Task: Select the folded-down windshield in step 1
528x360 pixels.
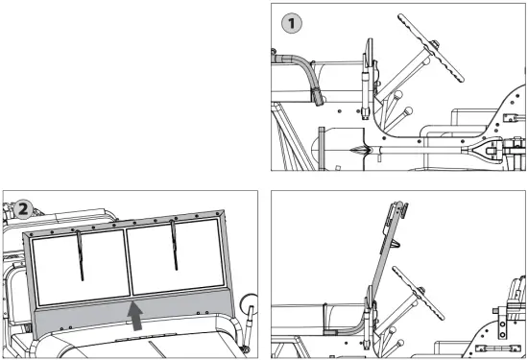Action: [x=367, y=86]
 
